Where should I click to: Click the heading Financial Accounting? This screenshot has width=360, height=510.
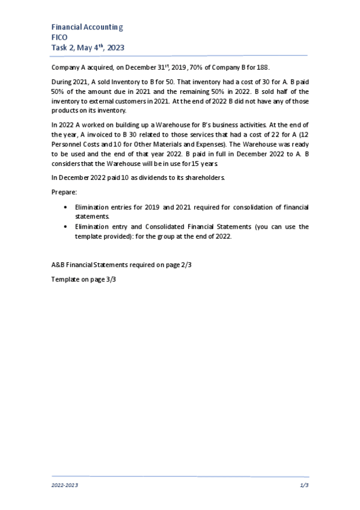[x=87, y=27]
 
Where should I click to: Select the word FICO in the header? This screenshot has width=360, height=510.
[x=60, y=37]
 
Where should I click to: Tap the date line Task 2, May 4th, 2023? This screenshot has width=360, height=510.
[x=88, y=48]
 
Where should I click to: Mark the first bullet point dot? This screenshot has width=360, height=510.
[x=65, y=207]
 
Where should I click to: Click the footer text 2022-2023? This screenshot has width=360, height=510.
[x=64, y=484]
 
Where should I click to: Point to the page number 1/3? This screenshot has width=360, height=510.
[x=304, y=484]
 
